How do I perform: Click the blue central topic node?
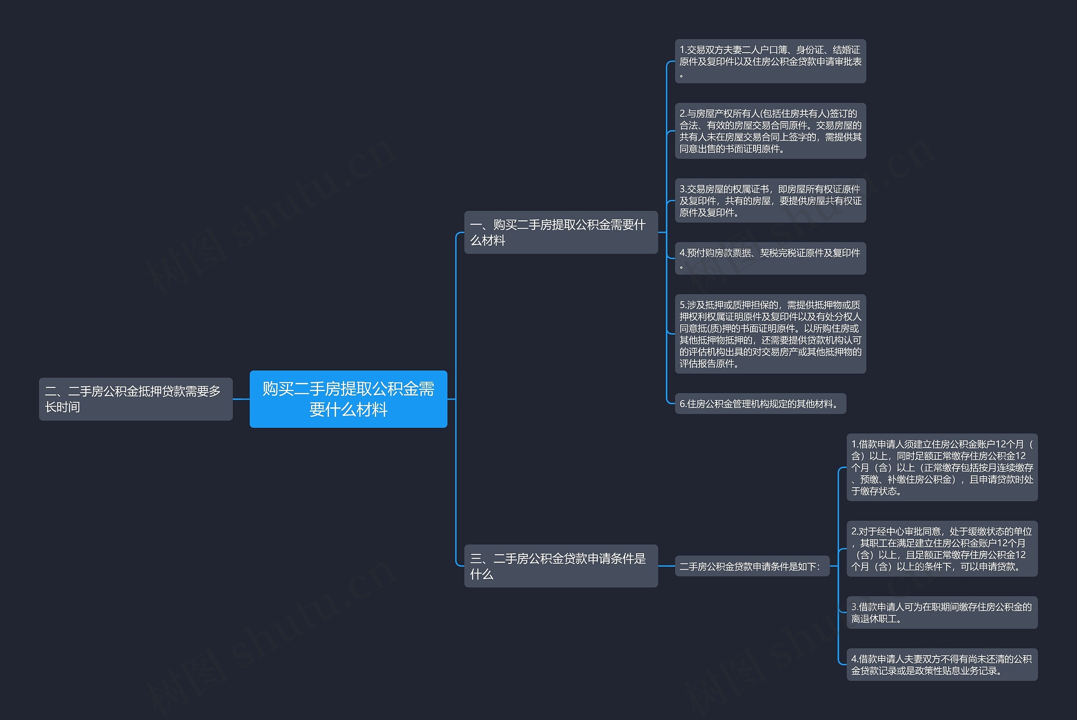[x=348, y=399]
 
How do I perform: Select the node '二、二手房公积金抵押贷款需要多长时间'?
[x=135, y=399]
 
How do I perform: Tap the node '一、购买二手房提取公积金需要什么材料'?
[x=560, y=232]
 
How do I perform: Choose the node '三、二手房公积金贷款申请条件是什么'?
[x=560, y=566]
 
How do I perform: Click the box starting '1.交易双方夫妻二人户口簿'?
[x=770, y=61]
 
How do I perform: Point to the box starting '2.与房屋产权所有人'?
[x=770, y=131]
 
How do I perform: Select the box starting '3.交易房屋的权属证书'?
[x=770, y=201]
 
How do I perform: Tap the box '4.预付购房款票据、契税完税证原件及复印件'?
[x=770, y=258]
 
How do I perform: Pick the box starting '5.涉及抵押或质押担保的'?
[x=770, y=334]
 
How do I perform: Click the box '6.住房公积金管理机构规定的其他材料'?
[x=760, y=404]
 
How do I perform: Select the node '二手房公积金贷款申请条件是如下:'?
[x=752, y=566]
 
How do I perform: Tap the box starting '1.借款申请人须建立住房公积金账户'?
[x=942, y=467]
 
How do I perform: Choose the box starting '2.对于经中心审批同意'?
[x=942, y=549]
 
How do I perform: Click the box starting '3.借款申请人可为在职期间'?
[x=942, y=613]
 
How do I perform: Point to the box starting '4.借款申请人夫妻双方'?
[x=942, y=664]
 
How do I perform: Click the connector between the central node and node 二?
[x=241, y=399]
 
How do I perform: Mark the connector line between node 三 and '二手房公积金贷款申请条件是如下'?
[x=666, y=566]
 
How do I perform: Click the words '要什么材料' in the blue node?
[x=348, y=410]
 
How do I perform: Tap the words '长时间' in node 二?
[x=62, y=407]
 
